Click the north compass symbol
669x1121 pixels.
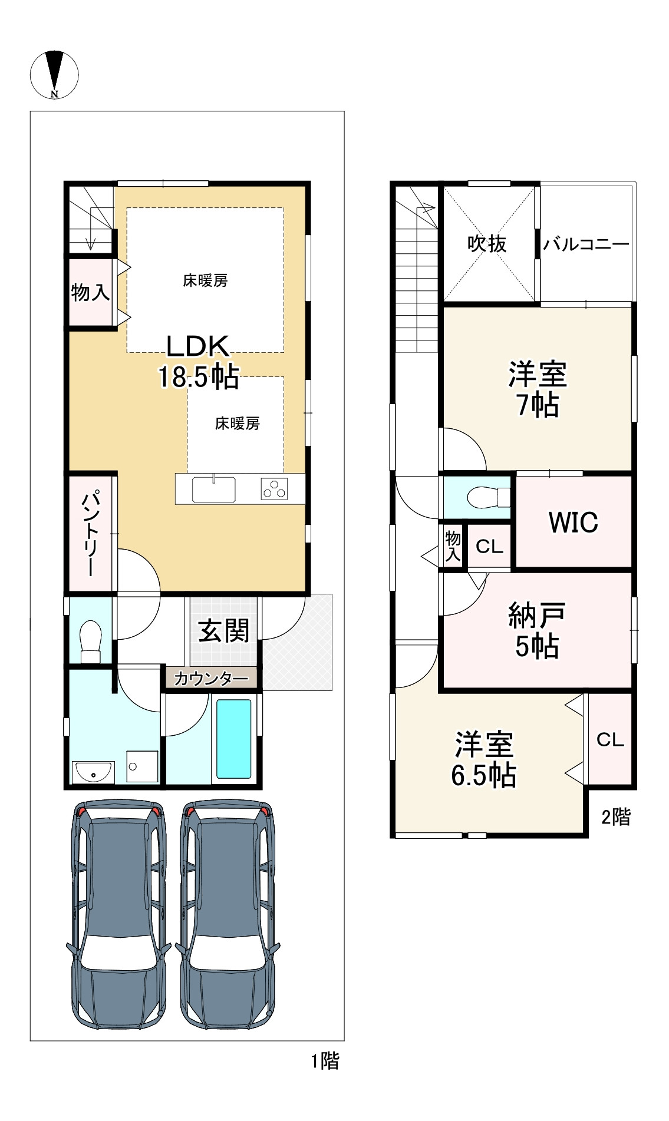pos(54,74)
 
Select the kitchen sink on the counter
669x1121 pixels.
pos(213,489)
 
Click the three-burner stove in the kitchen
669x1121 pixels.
pos(274,489)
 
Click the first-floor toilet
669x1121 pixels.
pos(91,641)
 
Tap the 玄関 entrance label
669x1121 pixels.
pos(224,631)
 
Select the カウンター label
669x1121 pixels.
pos(211,679)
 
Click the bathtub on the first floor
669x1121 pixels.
pos(234,739)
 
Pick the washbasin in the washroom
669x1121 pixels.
pos(93,772)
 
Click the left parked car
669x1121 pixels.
pos(118,914)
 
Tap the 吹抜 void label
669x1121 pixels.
pos(487,243)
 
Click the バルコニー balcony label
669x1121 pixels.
pos(586,243)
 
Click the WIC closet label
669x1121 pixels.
pos(573,522)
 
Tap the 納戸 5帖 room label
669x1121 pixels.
pos(536,630)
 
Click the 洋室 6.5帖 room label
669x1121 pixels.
pos(484,760)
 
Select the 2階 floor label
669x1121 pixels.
pos(616,816)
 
